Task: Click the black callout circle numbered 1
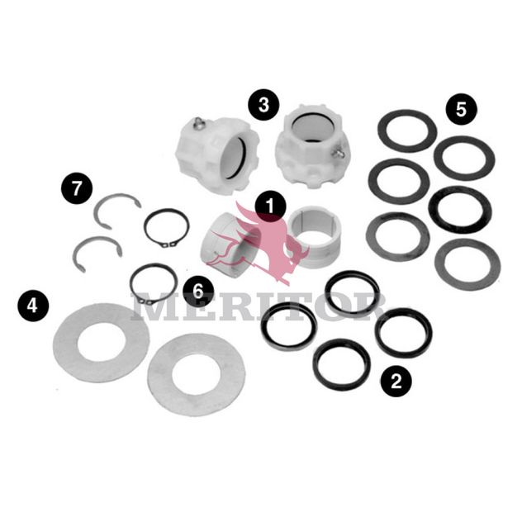[x=270, y=206]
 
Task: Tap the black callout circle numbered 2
[x=396, y=382]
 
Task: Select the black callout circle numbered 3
[x=263, y=105]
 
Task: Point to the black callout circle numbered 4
[x=33, y=306]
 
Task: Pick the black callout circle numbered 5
[x=462, y=109]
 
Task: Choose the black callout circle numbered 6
[x=198, y=292]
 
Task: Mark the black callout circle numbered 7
[x=77, y=187]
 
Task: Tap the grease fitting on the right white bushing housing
[x=337, y=152]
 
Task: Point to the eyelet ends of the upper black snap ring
[x=168, y=244]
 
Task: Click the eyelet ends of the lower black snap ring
[x=146, y=301]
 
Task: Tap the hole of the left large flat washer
[x=102, y=342]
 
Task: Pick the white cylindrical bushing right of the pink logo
[x=315, y=237]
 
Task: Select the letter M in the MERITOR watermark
[x=151, y=306]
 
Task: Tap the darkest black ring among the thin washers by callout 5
[x=460, y=210]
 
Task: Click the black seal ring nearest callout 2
[x=342, y=364]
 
